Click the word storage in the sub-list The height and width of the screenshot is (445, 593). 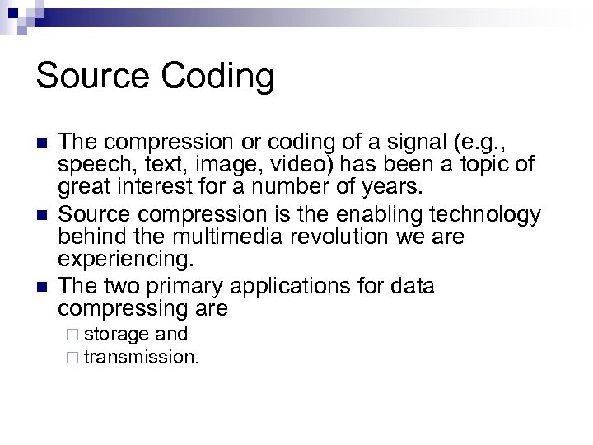(117, 335)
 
